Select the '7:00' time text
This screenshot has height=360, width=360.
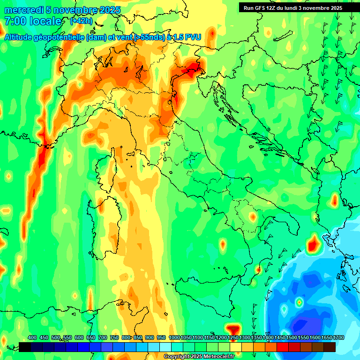(15, 22)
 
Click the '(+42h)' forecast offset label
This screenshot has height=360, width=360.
(81, 21)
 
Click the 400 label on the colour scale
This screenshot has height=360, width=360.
(32, 338)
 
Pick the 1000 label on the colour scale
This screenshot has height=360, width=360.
(174, 338)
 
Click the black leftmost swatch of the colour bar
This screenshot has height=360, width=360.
(25, 347)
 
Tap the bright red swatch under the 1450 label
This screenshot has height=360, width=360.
(283, 347)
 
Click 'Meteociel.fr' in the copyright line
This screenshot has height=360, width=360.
(218, 357)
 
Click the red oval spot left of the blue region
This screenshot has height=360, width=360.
(313, 244)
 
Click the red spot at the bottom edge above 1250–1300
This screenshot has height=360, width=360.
(233, 328)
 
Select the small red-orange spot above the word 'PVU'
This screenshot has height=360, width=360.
(212, 33)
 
